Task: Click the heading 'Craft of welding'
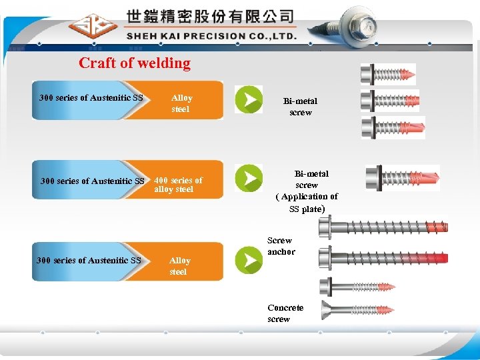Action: point(135,63)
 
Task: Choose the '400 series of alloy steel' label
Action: point(178,185)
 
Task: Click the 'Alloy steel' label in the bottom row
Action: point(179,266)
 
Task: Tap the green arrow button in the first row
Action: point(249,99)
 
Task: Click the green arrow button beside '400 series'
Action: point(249,179)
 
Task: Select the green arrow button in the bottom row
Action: point(249,260)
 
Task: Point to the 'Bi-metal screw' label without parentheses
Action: point(300,107)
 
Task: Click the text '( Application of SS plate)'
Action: point(307,203)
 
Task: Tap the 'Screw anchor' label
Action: point(281,246)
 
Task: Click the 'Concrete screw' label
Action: point(285,313)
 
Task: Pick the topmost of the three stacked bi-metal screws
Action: point(388,73)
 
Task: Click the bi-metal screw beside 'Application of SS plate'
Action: point(402,178)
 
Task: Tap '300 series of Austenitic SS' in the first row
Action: point(91,98)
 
